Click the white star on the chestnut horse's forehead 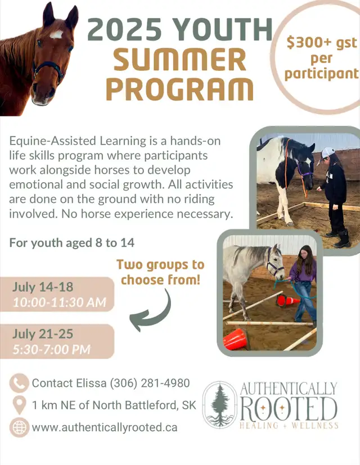56,35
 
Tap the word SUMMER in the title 180,60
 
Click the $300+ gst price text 322,43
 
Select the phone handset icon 19,383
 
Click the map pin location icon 20,405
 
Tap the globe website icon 20,427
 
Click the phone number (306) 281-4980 150,383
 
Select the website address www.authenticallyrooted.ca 105,427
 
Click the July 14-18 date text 43,287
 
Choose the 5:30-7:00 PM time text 52,349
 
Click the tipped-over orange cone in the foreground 235,339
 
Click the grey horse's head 275,261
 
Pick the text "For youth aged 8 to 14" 72,242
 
